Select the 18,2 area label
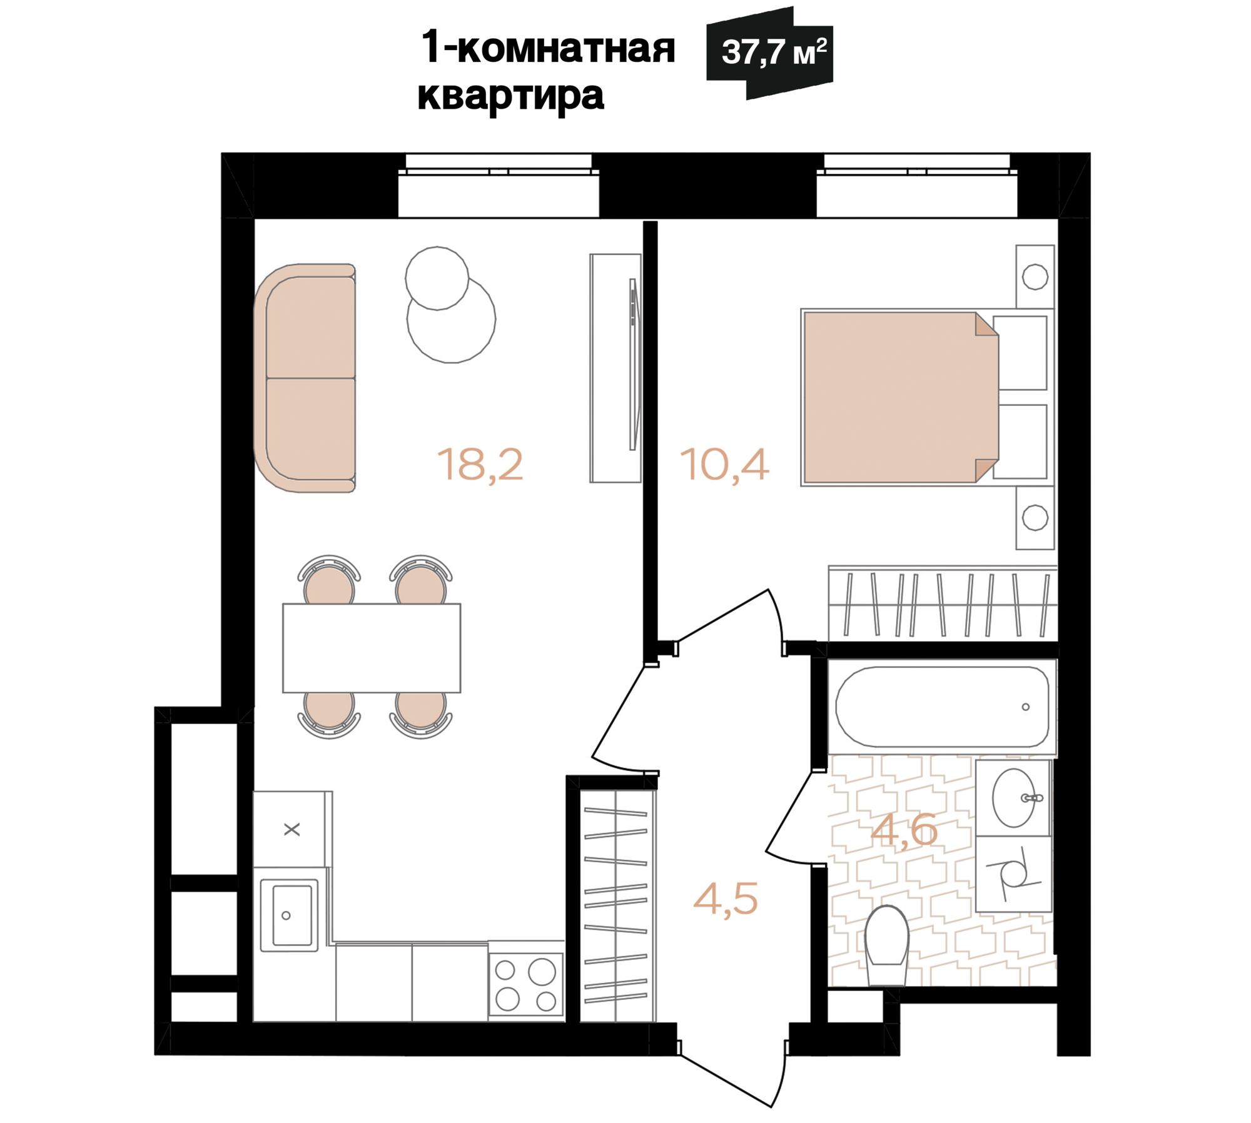tap(480, 465)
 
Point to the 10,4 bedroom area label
tap(724, 465)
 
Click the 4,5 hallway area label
tap(726, 899)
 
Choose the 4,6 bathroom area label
tap(904, 830)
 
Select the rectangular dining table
tap(372, 648)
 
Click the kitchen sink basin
tap(289, 915)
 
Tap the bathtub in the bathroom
tap(941, 707)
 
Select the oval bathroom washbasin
tap(1013, 798)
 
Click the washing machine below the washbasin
tap(1013, 874)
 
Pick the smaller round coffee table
tap(437, 278)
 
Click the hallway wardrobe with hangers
tap(616, 906)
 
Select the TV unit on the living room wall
tap(615, 368)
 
